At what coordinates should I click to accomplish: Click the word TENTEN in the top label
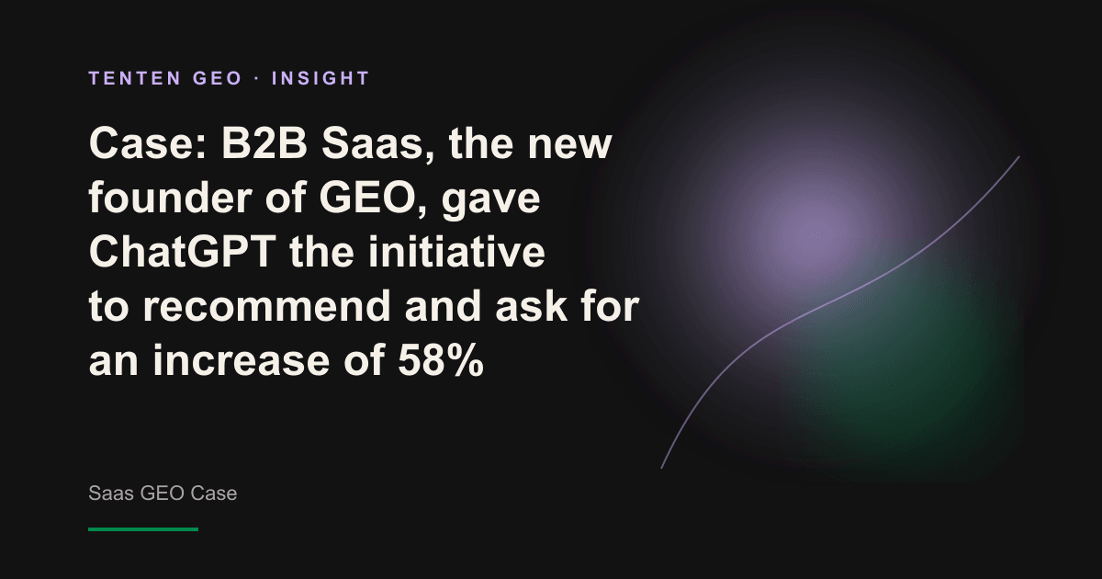135,78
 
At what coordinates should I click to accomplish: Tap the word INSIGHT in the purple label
320,78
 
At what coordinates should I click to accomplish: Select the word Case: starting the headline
148,144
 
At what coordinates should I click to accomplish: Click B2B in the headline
264,143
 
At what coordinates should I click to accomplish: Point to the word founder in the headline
170,198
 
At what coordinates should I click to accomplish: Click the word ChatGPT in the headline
182,252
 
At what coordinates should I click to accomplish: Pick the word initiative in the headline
456,252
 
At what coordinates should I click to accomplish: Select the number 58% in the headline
441,360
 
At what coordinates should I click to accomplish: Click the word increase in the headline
241,360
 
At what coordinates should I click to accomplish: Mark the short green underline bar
143,529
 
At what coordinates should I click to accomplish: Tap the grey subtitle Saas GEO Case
163,494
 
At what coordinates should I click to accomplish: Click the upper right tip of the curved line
1018,157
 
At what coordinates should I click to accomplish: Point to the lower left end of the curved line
661,468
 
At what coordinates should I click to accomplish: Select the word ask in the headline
531,306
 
